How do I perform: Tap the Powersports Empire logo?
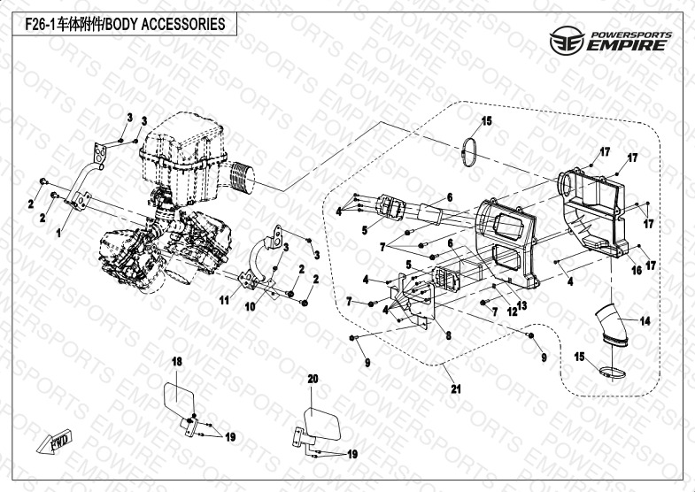[x=612, y=41]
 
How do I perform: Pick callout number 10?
[x=251, y=306]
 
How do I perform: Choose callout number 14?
[x=645, y=321]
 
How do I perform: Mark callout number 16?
[x=635, y=272]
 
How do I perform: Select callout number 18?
[x=176, y=362]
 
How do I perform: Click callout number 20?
[x=312, y=378]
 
